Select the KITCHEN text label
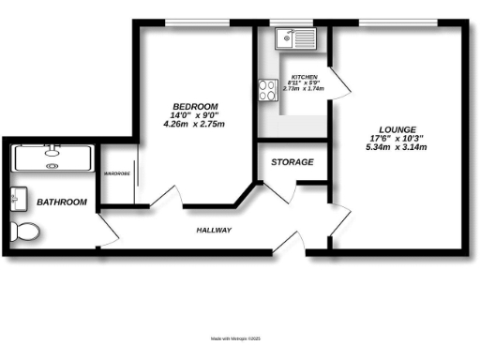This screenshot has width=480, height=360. pos(304,78)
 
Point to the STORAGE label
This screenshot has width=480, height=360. pos(292,162)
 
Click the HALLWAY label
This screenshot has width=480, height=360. pos(214,230)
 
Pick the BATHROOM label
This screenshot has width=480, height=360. pos(62,202)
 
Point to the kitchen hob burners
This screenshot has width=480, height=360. pos(265,89)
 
